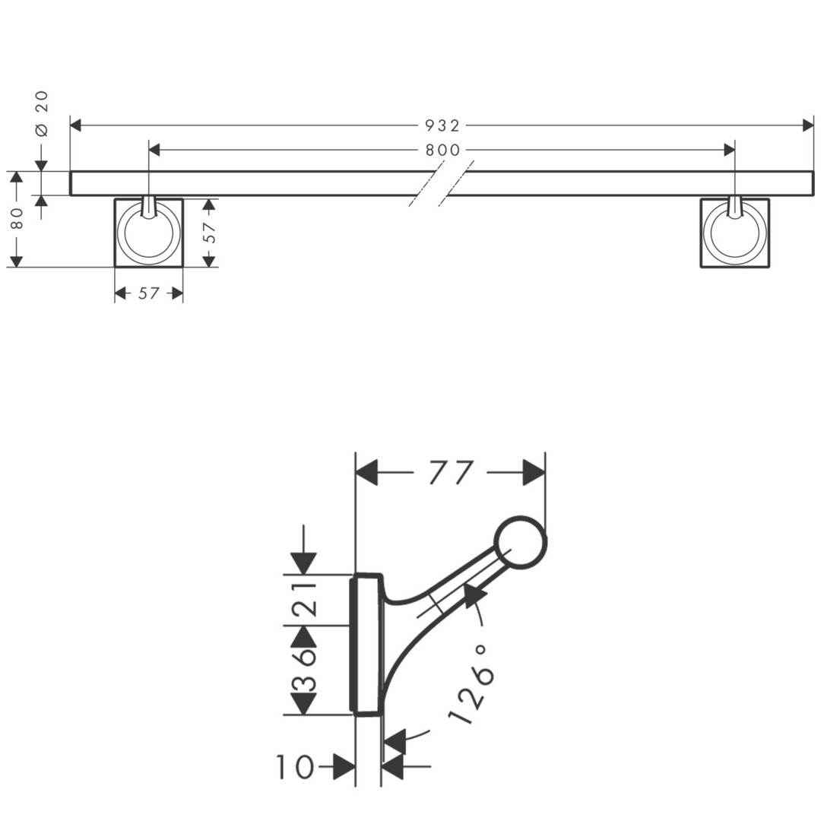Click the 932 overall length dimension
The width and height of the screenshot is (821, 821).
pyautogui.click(x=442, y=125)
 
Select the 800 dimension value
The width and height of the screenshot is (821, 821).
pyautogui.click(x=442, y=151)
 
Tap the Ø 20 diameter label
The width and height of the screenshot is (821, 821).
pyautogui.click(x=42, y=113)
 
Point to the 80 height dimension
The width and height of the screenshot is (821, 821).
pyautogui.click(x=17, y=218)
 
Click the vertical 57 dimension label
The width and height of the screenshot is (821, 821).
pyautogui.click(x=209, y=233)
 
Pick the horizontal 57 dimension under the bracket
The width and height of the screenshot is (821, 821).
pyautogui.click(x=149, y=293)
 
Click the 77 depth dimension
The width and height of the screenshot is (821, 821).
pyautogui.click(x=451, y=473)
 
